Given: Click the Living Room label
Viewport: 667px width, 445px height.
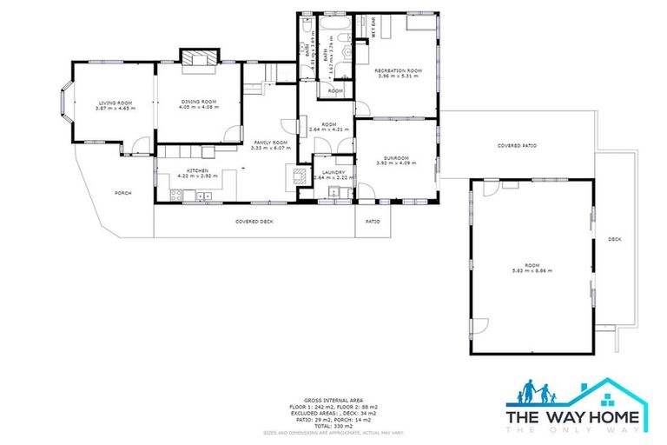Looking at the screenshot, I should (x=111, y=103).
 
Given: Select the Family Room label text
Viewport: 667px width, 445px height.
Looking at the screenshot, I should (x=269, y=143).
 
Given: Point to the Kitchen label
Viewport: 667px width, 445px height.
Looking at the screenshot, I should (x=195, y=171).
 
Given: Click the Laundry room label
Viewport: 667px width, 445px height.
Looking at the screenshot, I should (x=333, y=172).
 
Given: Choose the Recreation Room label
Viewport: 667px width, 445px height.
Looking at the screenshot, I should (x=398, y=70).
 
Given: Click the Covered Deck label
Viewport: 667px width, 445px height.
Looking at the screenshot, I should (x=254, y=222).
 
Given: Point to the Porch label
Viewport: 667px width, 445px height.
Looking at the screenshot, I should (x=122, y=193).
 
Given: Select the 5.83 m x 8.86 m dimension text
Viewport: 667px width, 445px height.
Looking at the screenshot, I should (x=532, y=271).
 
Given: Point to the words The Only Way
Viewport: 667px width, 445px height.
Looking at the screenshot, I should (x=576, y=428).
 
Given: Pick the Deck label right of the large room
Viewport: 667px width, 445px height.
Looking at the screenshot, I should (x=615, y=239).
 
